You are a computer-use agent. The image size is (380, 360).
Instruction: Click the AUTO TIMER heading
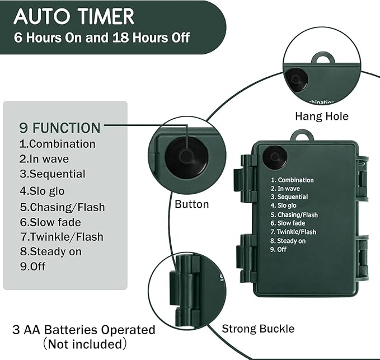(x=74, y=16)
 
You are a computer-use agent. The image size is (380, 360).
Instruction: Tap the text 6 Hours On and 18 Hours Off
(x=101, y=38)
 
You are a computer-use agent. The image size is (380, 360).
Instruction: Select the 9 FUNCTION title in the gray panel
(x=60, y=127)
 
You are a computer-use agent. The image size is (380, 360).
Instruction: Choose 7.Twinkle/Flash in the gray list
(x=62, y=237)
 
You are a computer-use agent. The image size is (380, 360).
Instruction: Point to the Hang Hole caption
(x=321, y=116)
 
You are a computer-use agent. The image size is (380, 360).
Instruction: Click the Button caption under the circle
(x=191, y=204)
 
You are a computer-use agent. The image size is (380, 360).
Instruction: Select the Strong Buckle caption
(x=258, y=328)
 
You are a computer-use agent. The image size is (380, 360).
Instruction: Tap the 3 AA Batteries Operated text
(x=83, y=330)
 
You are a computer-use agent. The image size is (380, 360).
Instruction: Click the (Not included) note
(x=84, y=343)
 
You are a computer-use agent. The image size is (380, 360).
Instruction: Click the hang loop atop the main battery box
(x=302, y=135)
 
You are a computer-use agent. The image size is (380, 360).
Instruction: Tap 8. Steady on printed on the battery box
(x=288, y=241)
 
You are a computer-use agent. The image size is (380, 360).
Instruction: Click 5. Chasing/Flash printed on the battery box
(x=294, y=215)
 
